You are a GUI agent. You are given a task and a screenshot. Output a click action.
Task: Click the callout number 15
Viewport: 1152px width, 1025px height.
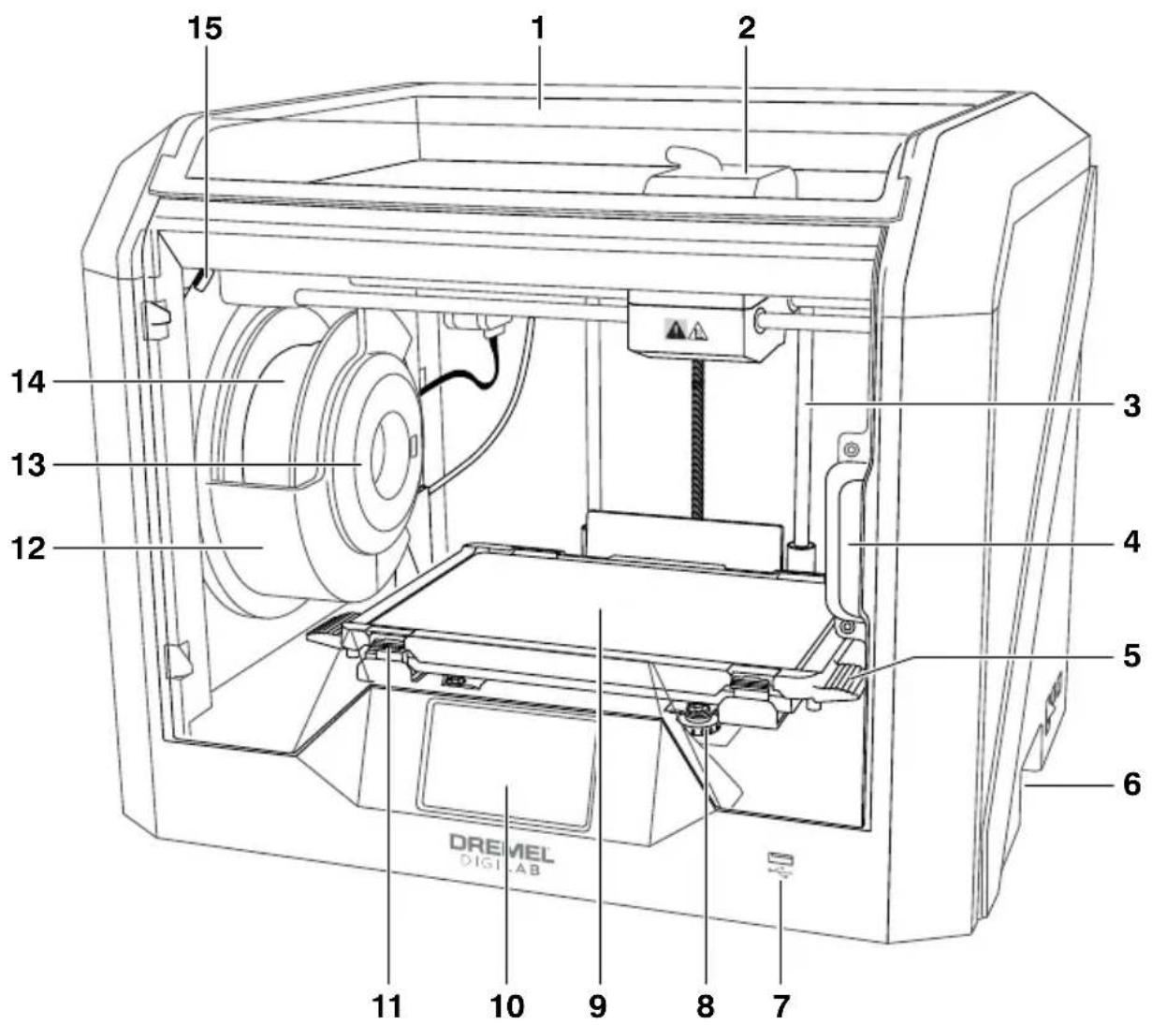205,28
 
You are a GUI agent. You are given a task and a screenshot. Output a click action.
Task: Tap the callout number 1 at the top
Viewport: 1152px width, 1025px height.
538,28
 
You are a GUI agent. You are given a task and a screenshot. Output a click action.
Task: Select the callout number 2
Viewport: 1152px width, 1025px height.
747,28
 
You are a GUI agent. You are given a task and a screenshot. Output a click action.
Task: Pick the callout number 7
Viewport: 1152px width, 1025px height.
781,1006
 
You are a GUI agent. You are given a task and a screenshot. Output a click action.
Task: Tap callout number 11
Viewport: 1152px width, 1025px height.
387,1006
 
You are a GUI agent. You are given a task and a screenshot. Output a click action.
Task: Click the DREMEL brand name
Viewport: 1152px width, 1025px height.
502,842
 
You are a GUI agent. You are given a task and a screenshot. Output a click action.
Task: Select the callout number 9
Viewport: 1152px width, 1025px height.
598,1006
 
